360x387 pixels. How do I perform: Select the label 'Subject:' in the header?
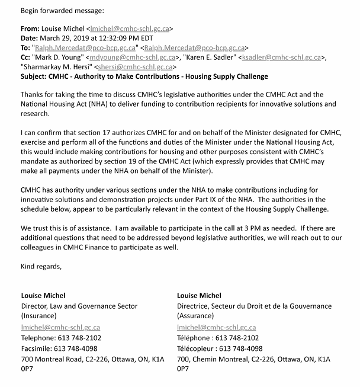pyautogui.click(x=36, y=76)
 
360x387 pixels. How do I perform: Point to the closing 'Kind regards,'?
pyautogui.click(x=41, y=266)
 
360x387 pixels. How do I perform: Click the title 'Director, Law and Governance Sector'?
pyautogui.click(x=79, y=306)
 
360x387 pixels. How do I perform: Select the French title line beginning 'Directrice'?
pyautogui.click(x=255, y=306)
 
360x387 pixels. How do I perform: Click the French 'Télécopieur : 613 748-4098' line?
pyautogui.click(x=220, y=348)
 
